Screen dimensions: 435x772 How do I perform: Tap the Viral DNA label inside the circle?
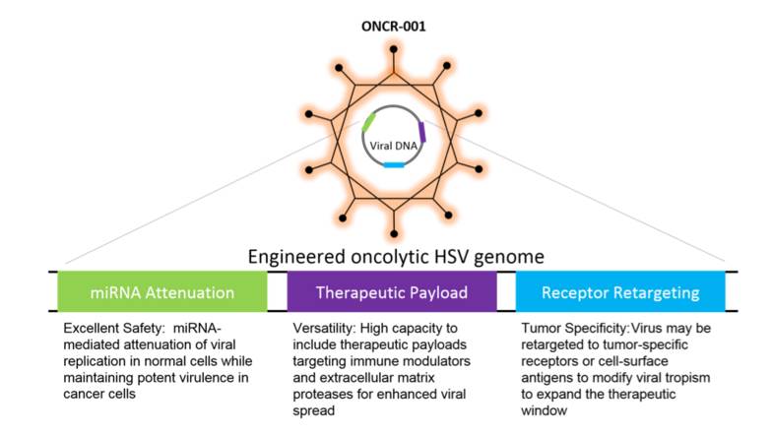[392, 144]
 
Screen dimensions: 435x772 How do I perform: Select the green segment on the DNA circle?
[368, 122]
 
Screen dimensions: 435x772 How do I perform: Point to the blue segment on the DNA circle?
[394, 164]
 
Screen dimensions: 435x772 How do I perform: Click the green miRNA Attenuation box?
[162, 291]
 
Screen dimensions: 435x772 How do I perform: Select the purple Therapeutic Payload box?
[391, 291]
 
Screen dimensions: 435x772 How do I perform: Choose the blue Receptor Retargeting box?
[619, 291]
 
